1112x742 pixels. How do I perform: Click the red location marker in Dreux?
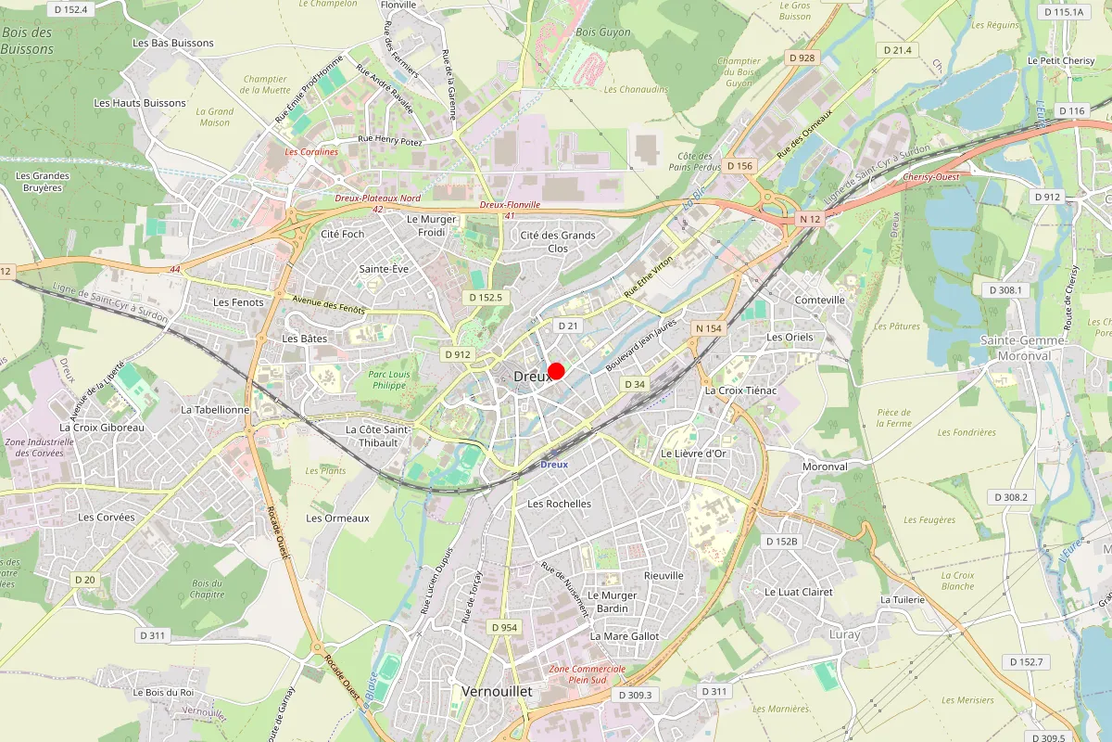tap(556, 372)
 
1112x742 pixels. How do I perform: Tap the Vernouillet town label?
tap(495, 692)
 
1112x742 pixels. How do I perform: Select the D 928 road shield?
tap(802, 58)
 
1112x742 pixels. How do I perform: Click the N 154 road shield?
tap(708, 328)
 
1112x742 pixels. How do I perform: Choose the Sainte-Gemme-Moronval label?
tap(1022, 348)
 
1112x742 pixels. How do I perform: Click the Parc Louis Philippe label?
tap(388, 379)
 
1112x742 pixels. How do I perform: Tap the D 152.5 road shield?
tap(486, 297)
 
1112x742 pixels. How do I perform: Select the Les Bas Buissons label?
tap(173, 43)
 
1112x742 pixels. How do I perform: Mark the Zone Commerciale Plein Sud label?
tap(588, 674)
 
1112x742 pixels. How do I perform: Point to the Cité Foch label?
tap(342, 234)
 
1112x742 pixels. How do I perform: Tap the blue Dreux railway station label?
tap(553, 465)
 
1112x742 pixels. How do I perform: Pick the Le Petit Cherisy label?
tap(1060, 60)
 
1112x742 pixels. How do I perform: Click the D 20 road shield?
tap(84, 580)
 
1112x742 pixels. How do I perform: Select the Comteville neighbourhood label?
tap(820, 300)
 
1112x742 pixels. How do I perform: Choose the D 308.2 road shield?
tap(1011, 497)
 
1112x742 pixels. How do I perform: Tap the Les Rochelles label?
tap(559, 504)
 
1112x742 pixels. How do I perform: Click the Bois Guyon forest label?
tap(603, 32)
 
